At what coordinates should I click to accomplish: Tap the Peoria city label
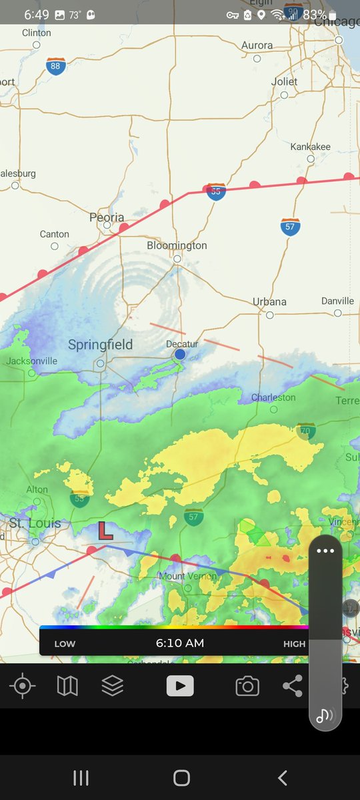click(107, 217)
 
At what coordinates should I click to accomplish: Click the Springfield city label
click(100, 345)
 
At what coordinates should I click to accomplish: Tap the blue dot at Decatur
click(180, 354)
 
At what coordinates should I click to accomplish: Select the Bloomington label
click(177, 245)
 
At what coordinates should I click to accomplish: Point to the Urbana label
click(269, 301)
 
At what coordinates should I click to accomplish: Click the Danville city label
click(337, 301)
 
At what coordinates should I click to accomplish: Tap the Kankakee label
click(310, 147)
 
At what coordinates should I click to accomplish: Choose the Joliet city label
click(284, 81)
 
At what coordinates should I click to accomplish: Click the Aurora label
click(257, 45)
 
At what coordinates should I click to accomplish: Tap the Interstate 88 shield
click(56, 66)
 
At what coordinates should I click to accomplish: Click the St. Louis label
click(35, 523)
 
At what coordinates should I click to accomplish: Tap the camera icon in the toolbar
click(247, 685)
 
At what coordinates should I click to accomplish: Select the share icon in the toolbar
click(292, 685)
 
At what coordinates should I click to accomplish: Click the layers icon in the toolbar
click(112, 685)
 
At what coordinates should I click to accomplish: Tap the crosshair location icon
click(23, 685)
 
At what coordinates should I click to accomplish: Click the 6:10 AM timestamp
click(180, 643)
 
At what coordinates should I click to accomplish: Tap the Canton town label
click(55, 234)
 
